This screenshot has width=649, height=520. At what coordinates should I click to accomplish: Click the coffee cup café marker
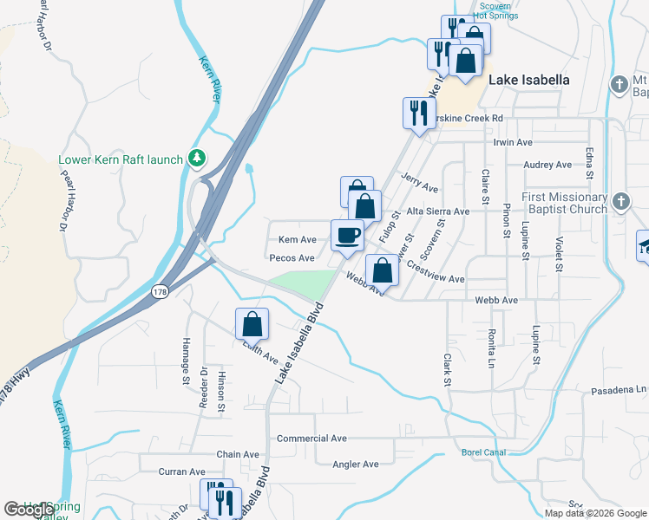[x=347, y=236]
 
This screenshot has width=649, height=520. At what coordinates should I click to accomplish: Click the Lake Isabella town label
[x=529, y=80]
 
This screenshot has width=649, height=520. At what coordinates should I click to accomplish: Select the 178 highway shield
[x=160, y=290]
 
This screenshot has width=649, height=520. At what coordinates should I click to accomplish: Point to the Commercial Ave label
[x=311, y=439]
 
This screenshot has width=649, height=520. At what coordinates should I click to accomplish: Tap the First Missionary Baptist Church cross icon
[x=620, y=203]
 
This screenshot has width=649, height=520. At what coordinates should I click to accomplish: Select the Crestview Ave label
[x=436, y=279]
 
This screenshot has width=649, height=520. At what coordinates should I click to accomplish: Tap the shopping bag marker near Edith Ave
[x=252, y=324]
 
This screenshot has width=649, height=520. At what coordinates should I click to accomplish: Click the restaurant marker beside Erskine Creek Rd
[x=419, y=113]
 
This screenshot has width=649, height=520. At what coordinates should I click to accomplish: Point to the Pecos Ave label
[x=292, y=257]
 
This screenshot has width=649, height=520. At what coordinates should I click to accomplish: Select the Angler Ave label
[x=356, y=465]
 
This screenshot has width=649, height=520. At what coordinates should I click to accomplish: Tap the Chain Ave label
[x=238, y=454]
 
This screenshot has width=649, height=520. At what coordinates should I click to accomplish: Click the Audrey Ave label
[x=547, y=165]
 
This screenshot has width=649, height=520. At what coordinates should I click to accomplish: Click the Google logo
[x=29, y=510]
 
